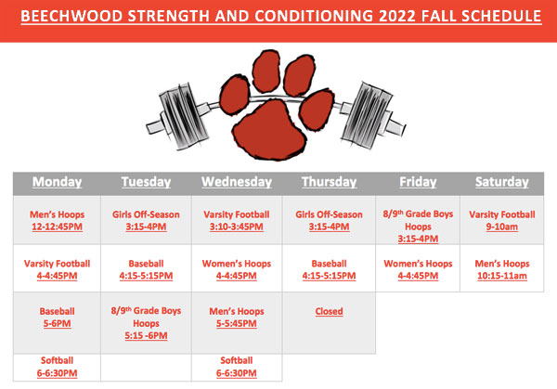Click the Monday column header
57,182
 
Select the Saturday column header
502,182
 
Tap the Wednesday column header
237,182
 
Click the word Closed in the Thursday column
329,311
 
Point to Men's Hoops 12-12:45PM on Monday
57,221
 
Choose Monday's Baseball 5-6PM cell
57,318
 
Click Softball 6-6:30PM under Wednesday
237,367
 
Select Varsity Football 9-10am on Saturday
502,221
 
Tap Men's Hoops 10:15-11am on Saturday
502,269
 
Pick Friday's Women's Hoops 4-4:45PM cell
418,269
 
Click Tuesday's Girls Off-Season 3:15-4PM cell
146,221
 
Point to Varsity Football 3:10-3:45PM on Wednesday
237,221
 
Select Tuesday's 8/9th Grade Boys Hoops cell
146,323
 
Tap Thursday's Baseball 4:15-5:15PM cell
329,269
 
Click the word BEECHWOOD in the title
71,17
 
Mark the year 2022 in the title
397,17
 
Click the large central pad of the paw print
269,130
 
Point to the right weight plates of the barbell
367,115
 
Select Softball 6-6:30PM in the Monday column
57,367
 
